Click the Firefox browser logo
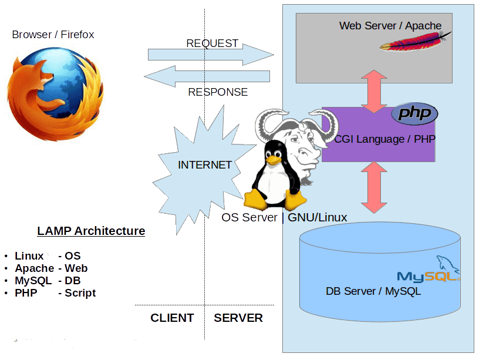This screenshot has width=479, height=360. (x=55, y=94)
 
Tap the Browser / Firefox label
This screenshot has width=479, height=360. (x=53, y=35)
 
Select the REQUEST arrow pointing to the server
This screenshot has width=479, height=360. (x=211, y=55)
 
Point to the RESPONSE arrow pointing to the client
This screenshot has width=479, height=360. (x=207, y=76)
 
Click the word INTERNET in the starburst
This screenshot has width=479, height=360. (x=205, y=165)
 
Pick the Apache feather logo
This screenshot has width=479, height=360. (x=416, y=42)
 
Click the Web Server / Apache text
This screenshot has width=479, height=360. (x=390, y=26)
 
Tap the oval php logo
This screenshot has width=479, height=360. (x=414, y=114)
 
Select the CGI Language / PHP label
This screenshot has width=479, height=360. (x=385, y=139)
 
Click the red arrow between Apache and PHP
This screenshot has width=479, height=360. (x=375, y=92)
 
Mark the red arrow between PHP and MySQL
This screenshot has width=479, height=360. (x=375, y=187)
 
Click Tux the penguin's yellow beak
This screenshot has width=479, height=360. (x=273, y=160)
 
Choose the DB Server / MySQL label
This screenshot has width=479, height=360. (x=373, y=291)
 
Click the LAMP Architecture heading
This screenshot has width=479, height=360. (x=91, y=231)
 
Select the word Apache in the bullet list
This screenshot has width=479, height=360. (x=35, y=268)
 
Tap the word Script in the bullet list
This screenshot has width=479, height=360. (x=80, y=293)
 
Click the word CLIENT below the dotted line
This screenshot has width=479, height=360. (x=173, y=318)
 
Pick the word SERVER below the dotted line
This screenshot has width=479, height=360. (x=238, y=318)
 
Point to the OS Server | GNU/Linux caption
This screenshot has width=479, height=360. (x=284, y=218)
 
